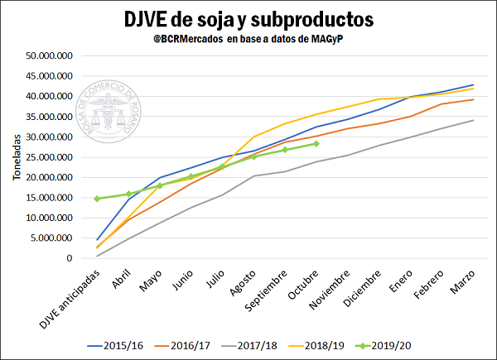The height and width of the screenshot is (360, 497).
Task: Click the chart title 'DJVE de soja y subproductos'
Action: (x=248, y=19)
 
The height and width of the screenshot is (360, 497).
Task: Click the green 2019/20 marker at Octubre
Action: (x=316, y=144)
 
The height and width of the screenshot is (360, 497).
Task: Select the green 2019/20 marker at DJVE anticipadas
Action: (x=97, y=199)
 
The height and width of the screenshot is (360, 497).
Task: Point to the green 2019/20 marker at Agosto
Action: (x=254, y=156)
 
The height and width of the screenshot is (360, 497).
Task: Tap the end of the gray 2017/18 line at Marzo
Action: (x=473, y=121)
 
